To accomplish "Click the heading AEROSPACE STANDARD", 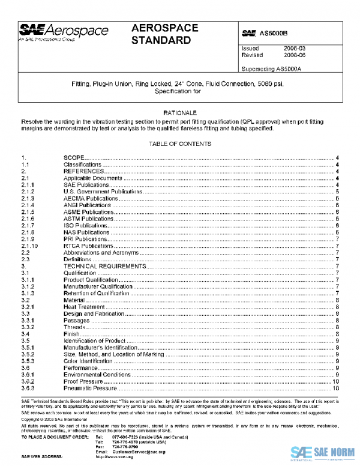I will pyautogui.click(x=162, y=35).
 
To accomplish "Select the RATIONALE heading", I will pyautogui.click(x=180, y=113).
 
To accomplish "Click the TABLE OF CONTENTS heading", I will pyautogui.click(x=180, y=144).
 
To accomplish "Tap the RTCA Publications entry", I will pyautogui.click(x=88, y=246).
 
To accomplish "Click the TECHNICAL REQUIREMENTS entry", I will pyautogui.click(x=104, y=266).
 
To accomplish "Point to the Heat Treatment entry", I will pyautogui.click(x=83, y=307).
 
